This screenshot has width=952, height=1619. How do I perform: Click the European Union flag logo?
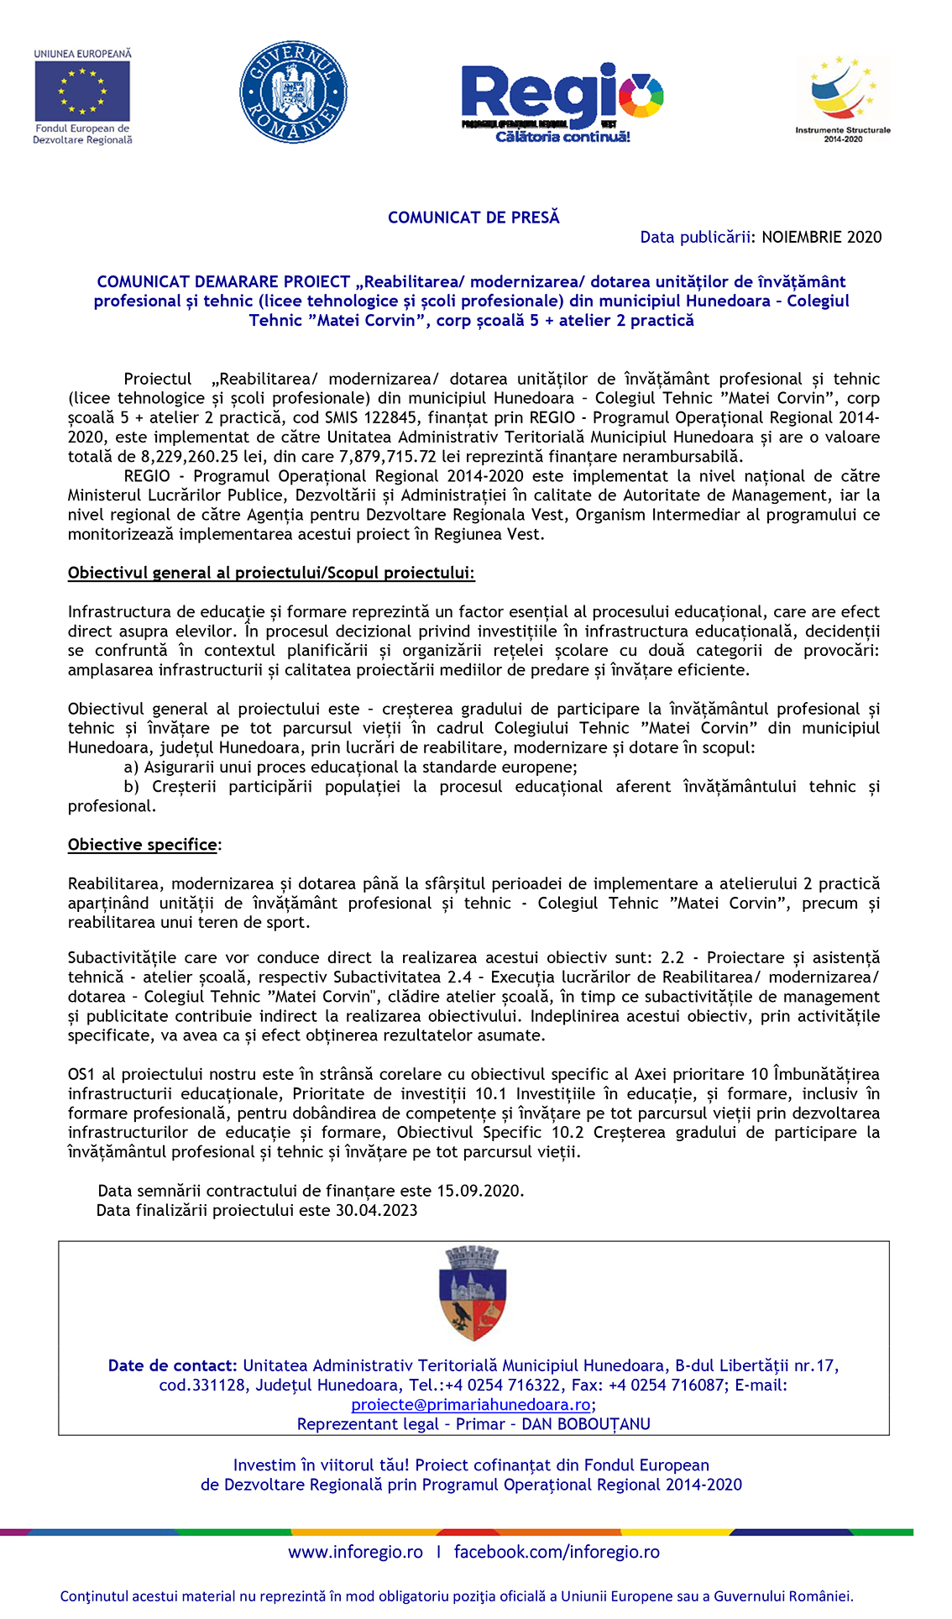pyautogui.click(x=82, y=92)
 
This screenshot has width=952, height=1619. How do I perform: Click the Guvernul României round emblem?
pyautogui.click(x=293, y=92)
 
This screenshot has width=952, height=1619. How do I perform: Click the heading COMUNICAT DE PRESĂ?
pyautogui.click(x=473, y=217)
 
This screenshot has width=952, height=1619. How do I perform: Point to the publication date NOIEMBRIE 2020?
pyautogui.click(x=821, y=237)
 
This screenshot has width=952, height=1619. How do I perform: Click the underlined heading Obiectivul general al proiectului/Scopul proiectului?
pyautogui.click(x=271, y=574)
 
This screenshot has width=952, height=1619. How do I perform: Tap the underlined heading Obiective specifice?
pyautogui.click(x=143, y=845)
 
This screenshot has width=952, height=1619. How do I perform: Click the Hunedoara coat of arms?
pyautogui.click(x=473, y=1294)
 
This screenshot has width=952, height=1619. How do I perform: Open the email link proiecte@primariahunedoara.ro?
pyautogui.click(x=471, y=1405)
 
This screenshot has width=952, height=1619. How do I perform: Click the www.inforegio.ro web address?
pyautogui.click(x=355, y=1552)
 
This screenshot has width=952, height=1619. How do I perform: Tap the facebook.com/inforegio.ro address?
pyautogui.click(x=557, y=1552)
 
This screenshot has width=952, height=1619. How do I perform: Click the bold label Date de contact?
pyautogui.click(x=172, y=1365)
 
